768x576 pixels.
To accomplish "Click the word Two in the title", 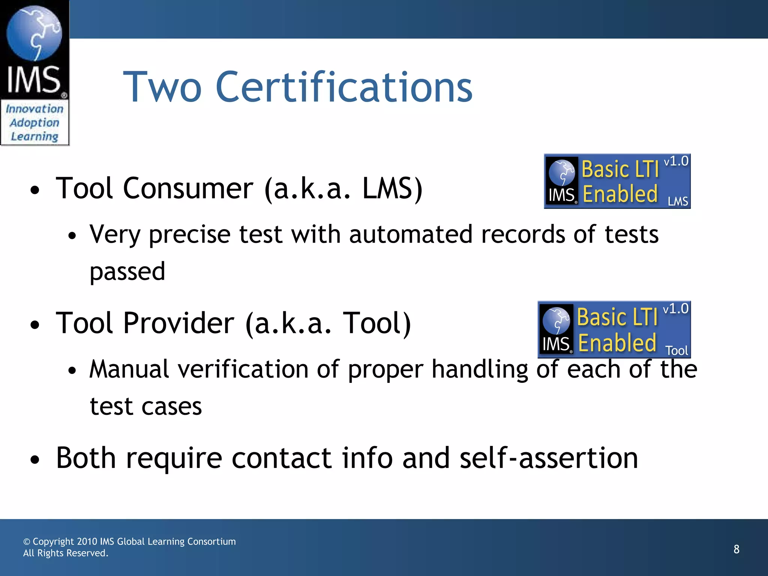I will pos(162,87).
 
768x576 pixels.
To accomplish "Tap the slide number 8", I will pos(736,549).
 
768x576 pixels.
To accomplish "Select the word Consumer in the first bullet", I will pos(188,189).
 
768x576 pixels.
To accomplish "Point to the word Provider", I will pos(178,323).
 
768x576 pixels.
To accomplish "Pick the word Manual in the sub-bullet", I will pos(129,369).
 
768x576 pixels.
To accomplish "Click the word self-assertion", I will pos(549,458).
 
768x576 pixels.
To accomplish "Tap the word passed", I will pos(127,271).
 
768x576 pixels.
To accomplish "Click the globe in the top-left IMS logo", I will pos(34,33).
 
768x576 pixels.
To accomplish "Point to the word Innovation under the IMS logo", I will pos(34,109).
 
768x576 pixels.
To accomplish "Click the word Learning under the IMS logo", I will pos(34,136).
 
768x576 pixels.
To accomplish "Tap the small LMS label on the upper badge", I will pos(678,202).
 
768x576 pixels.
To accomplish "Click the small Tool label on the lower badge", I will pos(676,351).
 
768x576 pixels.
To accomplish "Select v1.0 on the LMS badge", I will pos(676,161).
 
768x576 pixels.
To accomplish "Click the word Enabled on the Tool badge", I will pos(617,343).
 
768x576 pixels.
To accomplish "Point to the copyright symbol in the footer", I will pos(27,542).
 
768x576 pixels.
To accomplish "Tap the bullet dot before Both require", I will pos(35,460).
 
